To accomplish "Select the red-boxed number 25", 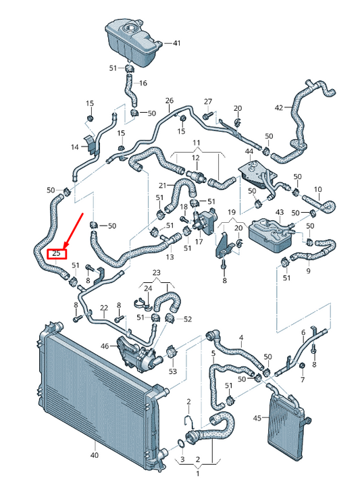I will pos(57,254).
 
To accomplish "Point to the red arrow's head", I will pos(63,246).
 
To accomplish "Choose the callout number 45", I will pos(257,419).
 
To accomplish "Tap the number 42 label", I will pos(279,107).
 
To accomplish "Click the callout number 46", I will pos(105,346).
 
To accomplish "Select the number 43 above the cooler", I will pos(280,213).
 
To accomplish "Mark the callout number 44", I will pos(249,151).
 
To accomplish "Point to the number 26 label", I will pos(170,101).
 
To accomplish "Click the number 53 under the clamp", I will pos(172,371).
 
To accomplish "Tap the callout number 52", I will pos(188,319).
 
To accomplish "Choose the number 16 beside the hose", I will pos(143,83).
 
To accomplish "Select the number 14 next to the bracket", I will pos(75,147).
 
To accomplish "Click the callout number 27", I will pos(208,101).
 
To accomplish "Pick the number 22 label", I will pos(104,308).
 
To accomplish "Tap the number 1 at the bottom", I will pos(198,473).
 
